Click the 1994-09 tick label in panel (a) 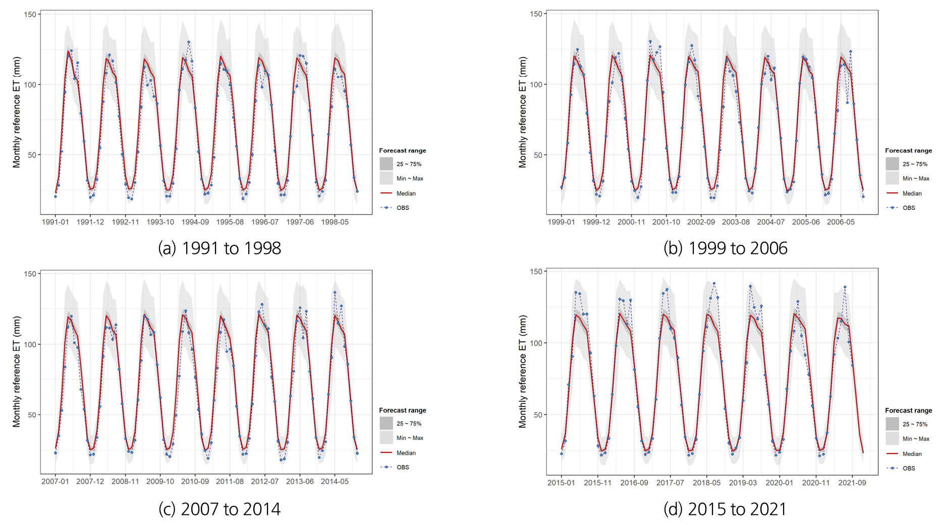195,222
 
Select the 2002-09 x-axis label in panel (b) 701,222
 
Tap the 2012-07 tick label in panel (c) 265,482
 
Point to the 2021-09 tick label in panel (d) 852,483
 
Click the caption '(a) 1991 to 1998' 219,248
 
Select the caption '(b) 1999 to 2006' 726,248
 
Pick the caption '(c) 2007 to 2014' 219,509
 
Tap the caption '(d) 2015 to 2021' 725,509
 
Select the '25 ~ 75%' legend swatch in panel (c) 386,424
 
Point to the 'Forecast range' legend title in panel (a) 403,150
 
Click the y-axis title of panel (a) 17,112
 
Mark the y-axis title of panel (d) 523,372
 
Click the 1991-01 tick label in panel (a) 55,222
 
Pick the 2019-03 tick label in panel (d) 743,483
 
